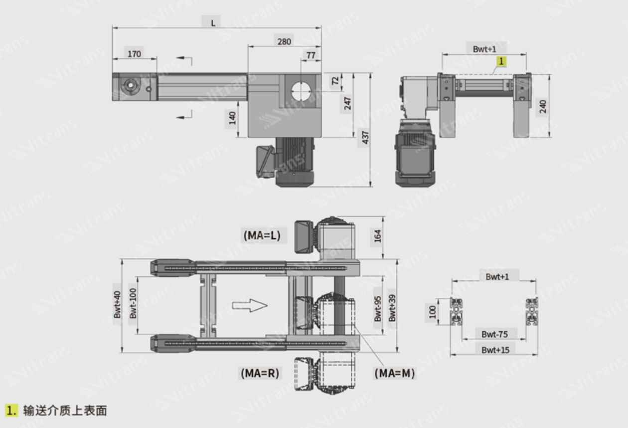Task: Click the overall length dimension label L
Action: point(213,23)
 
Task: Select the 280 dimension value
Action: point(284,42)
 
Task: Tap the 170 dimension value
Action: point(134,54)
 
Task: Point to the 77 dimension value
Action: point(311,55)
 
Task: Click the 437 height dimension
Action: point(365,138)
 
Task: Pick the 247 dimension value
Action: point(347,103)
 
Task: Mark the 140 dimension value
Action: point(232,118)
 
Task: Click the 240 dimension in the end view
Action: point(542,107)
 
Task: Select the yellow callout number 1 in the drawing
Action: point(501,61)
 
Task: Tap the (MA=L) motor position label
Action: point(262,235)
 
